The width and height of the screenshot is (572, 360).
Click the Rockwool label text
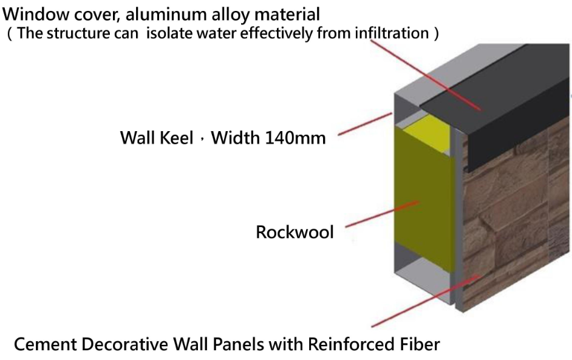pos(295,232)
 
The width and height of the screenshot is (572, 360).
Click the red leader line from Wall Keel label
pos(364,123)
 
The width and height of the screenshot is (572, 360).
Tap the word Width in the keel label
pos(236,138)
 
